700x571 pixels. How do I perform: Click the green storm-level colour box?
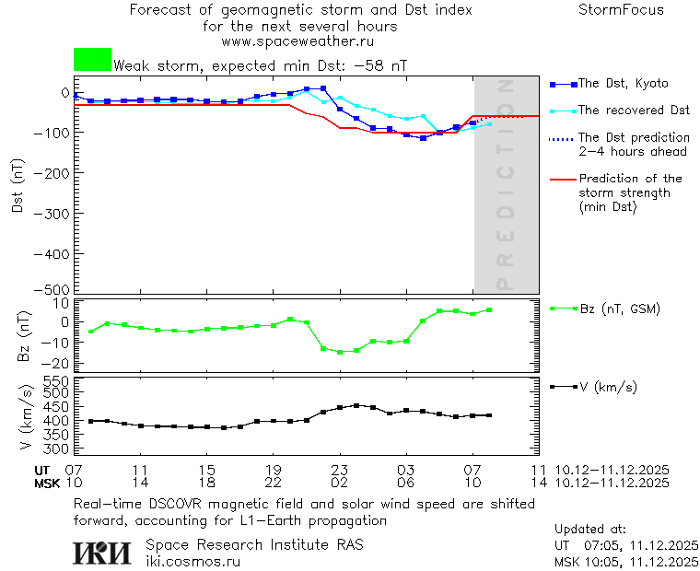(x=92, y=60)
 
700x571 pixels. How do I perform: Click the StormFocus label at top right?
(x=621, y=10)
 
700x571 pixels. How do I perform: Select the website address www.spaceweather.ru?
(x=297, y=41)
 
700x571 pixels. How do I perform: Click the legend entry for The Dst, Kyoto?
(x=623, y=84)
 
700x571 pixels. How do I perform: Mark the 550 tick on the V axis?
(x=57, y=380)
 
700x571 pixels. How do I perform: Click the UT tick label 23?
(x=339, y=470)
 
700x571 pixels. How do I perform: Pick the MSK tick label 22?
(x=273, y=483)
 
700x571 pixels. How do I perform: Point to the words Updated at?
(x=590, y=530)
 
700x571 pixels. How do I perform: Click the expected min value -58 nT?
(x=382, y=66)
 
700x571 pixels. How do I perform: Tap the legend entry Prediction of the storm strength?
(x=630, y=192)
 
